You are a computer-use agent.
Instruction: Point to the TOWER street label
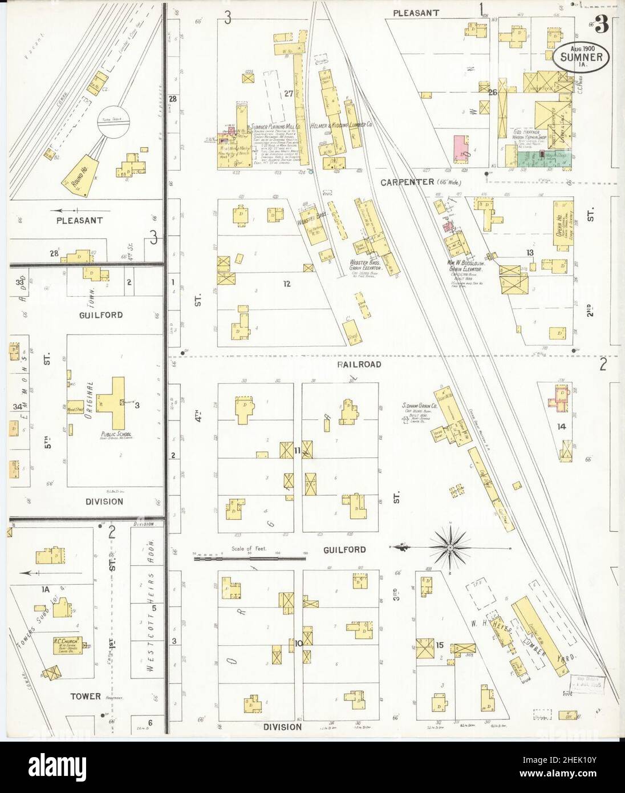(87, 696)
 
